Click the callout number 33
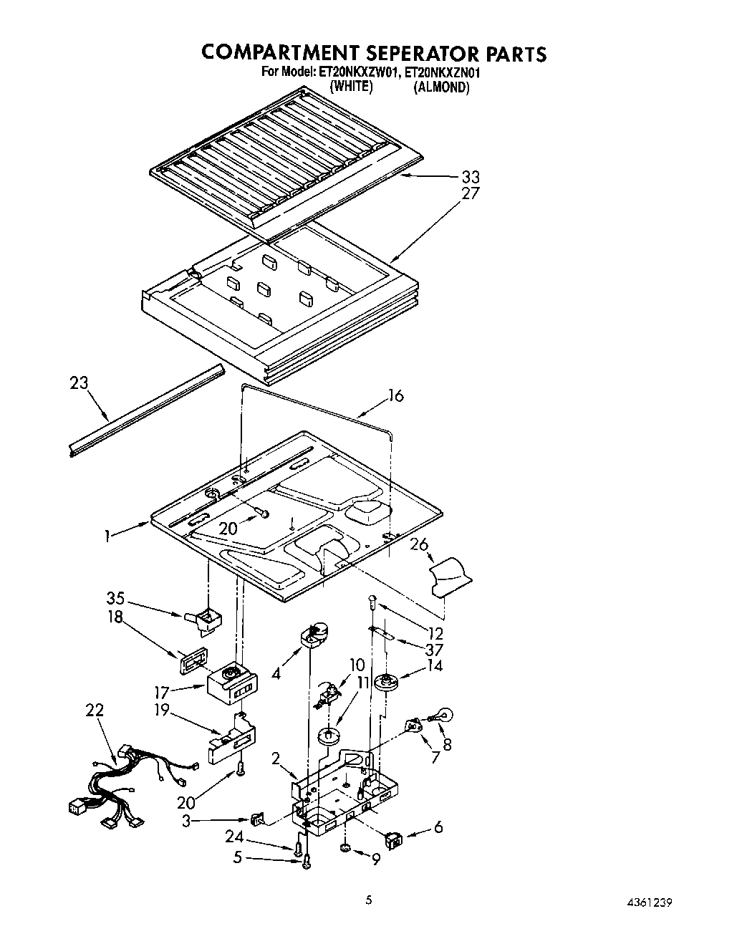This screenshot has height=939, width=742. [x=471, y=177]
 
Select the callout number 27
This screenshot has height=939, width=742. [x=471, y=193]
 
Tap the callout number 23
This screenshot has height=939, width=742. [x=79, y=383]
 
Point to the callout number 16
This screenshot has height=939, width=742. [x=396, y=395]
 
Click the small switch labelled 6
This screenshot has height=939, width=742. [x=393, y=836]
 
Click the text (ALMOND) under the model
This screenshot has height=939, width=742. [x=440, y=87]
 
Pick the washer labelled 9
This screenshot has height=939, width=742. [x=345, y=849]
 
